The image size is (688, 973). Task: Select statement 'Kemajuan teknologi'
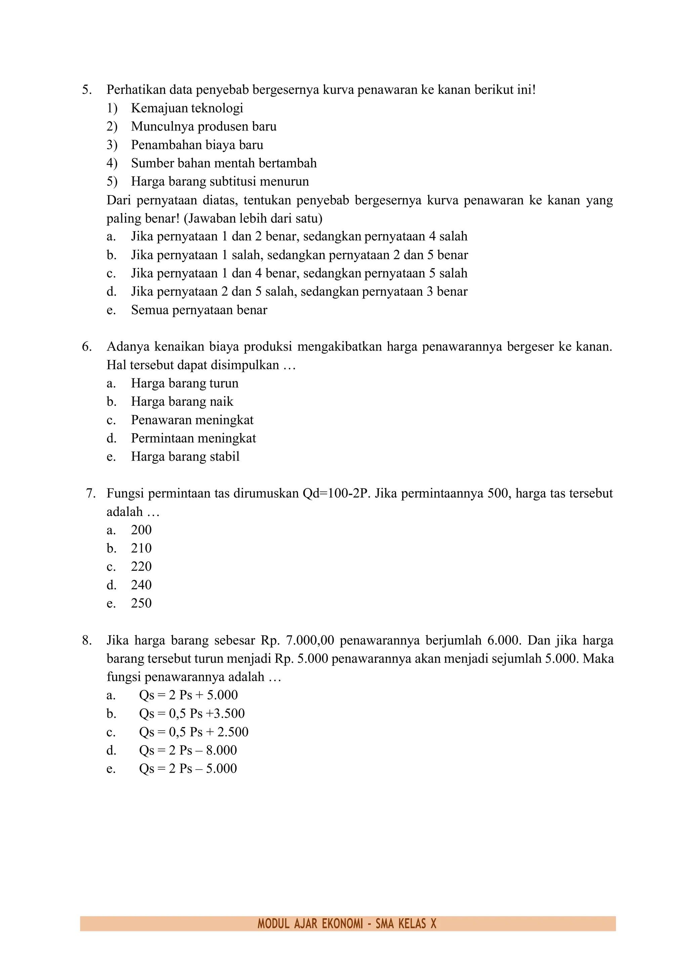(187, 108)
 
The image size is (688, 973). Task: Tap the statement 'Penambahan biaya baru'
(197, 145)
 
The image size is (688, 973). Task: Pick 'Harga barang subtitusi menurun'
(220, 181)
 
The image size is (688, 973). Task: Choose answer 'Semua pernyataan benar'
(199, 310)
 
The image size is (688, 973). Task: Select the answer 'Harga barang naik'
(182, 401)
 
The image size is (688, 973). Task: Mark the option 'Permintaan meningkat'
(193, 438)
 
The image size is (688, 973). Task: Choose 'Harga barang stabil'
(185, 456)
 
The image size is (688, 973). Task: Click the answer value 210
(141, 549)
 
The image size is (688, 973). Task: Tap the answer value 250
(141, 603)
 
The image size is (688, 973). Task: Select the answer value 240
(141, 585)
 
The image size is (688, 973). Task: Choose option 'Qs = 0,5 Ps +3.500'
(191, 713)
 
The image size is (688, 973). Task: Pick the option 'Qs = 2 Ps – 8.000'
(188, 750)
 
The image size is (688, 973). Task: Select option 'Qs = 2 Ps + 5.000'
(188, 695)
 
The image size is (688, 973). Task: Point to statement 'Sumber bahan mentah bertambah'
(224, 163)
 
